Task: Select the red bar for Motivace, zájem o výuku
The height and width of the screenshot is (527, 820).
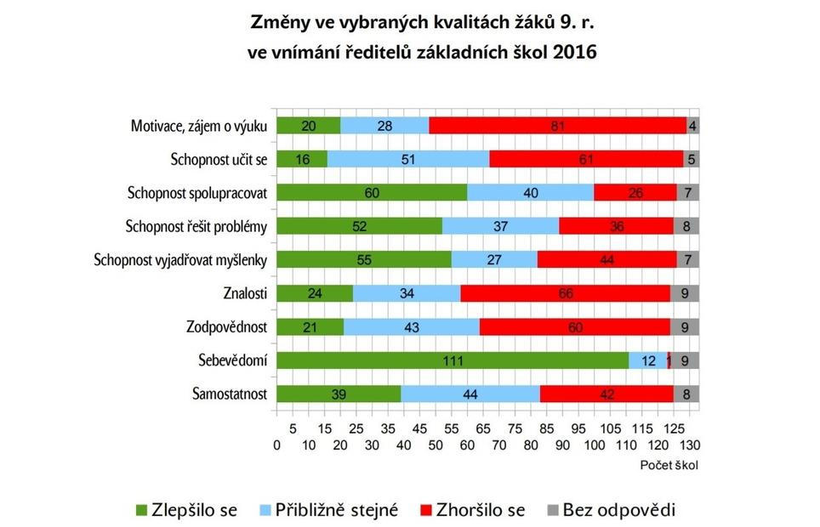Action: [x=557, y=126]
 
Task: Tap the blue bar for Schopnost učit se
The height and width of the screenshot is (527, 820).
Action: [x=408, y=159]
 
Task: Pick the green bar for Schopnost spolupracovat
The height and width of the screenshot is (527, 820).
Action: [x=372, y=192]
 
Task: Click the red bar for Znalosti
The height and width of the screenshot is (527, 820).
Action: [x=565, y=293]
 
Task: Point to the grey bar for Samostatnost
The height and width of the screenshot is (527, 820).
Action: [x=686, y=394]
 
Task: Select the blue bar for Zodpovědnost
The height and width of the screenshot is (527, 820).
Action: [x=412, y=326]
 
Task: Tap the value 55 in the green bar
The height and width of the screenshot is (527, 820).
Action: [x=364, y=260]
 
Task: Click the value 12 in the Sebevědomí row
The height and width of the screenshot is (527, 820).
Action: [x=648, y=360]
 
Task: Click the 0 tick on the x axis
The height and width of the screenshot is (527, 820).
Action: [x=277, y=445]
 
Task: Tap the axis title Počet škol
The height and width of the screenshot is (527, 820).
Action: [x=669, y=465]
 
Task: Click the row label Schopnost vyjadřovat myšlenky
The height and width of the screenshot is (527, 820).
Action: [x=181, y=260]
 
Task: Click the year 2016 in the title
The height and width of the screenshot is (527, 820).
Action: [x=573, y=51]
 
